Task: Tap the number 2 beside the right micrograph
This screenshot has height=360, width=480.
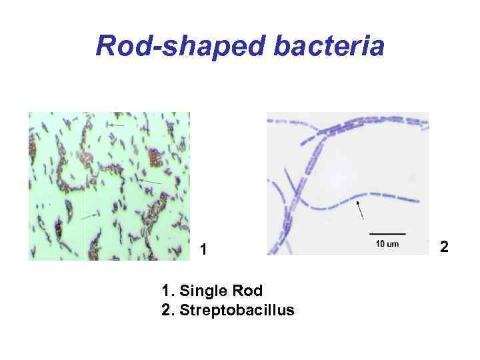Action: pos(445,248)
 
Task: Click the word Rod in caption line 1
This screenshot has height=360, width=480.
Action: pos(249,291)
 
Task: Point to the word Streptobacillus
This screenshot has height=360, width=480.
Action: pos(237,310)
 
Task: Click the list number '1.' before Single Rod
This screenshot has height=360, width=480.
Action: pos(168,291)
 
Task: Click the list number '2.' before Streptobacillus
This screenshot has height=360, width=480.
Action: pos(168,310)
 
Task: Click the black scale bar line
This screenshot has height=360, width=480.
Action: pos(387,233)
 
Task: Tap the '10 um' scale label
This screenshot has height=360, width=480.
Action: pos(387,244)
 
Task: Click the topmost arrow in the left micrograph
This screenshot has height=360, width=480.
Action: pos(117,125)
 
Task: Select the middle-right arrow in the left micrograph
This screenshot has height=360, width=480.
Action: pos(149,181)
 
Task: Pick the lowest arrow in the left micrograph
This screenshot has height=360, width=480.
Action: pos(89,216)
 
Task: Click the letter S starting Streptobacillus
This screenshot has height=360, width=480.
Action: pos(185,310)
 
